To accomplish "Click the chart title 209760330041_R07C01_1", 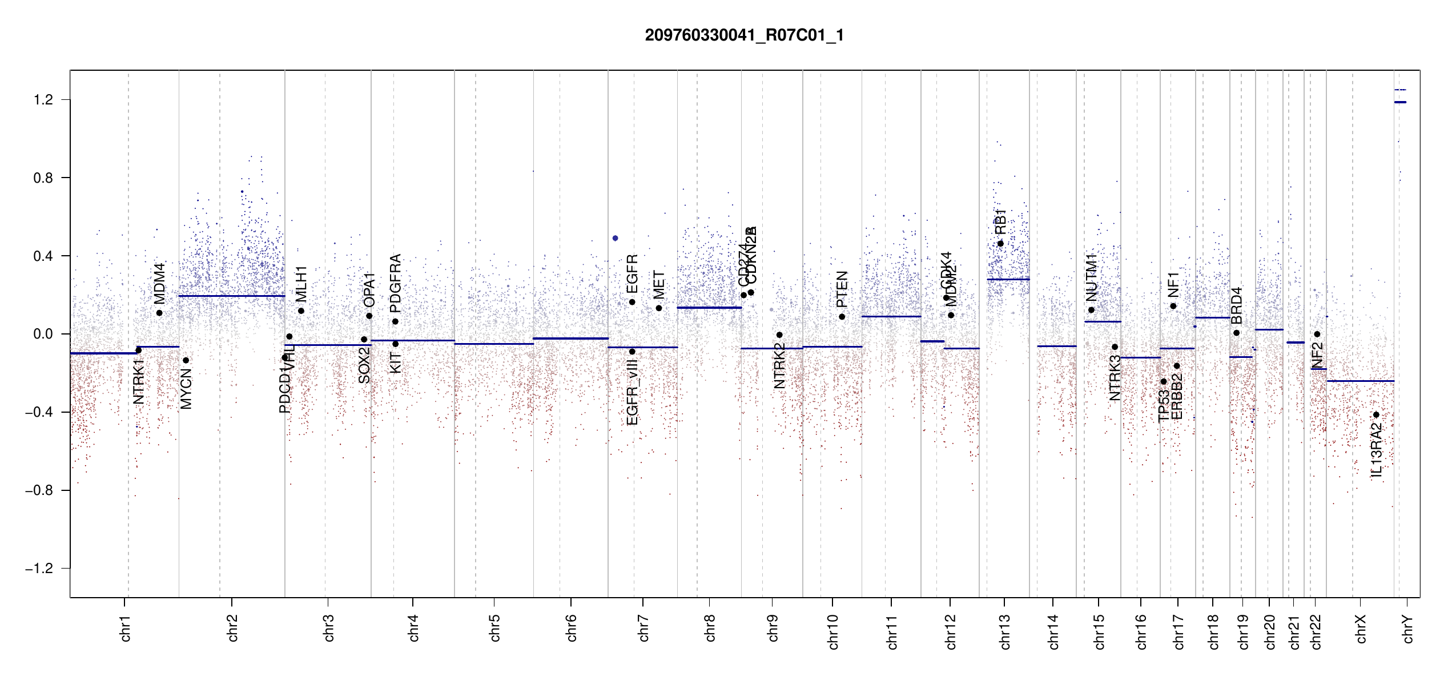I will coord(744,35).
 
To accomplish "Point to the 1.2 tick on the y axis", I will coord(43,100).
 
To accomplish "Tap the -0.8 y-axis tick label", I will coord(39,490).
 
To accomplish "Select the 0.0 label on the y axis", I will coord(43,334).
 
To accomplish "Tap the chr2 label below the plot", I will coord(232,628).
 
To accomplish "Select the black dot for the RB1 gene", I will coord(1000,244).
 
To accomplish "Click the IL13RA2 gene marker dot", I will coord(1376,415).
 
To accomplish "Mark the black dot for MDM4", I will coord(159,313).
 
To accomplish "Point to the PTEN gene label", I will coord(842,289).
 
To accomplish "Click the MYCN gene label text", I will coord(186,388).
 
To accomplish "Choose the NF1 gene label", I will coord(1173,284).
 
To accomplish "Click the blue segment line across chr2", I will coord(232,296).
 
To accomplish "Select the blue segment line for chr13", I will coord(1008,279).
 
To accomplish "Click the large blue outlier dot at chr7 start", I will coord(615,238).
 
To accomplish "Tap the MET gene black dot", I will coord(659,308).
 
